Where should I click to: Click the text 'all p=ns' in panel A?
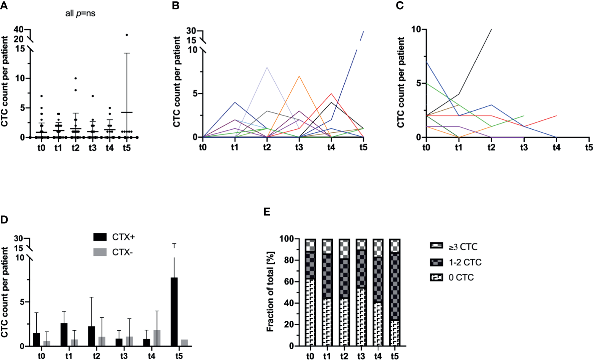80,14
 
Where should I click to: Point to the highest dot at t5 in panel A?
127,35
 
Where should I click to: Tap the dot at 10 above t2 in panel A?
76,78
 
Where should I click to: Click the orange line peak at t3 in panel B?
299,76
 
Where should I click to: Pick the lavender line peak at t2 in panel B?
267,67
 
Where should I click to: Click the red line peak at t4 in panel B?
331,93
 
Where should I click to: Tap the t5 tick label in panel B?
363,147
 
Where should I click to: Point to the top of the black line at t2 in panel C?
491,29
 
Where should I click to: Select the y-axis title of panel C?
401,82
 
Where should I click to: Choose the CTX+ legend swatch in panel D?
100,237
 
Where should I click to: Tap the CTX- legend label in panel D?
122,252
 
